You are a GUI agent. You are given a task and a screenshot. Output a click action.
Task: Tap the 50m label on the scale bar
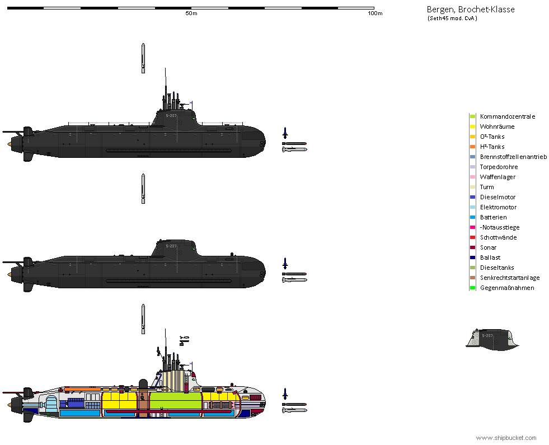click(191, 13)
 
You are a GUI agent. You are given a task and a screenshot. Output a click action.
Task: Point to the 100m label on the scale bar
click(375, 13)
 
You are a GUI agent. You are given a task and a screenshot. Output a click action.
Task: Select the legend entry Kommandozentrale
click(508, 116)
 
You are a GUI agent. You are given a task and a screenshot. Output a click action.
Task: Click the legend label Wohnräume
click(497, 127)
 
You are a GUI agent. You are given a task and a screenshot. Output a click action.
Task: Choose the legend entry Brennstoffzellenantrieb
click(513, 157)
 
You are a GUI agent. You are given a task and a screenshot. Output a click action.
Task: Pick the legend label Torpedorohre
click(499, 167)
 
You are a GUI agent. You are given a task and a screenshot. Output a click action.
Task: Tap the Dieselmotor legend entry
click(498, 197)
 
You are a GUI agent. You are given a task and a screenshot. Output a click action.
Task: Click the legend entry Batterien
click(493, 217)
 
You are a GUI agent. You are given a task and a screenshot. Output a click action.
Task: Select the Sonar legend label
click(488, 247)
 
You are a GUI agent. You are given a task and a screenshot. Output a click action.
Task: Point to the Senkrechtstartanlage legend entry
click(509, 278)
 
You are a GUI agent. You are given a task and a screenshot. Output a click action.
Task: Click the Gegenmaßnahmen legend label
click(507, 288)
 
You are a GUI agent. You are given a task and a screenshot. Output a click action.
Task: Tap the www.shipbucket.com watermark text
click(506, 438)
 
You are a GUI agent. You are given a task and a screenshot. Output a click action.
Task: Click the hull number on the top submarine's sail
click(171, 116)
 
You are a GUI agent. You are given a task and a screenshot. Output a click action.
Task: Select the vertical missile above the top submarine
click(143, 58)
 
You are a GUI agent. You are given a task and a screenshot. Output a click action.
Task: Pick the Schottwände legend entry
click(498, 237)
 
